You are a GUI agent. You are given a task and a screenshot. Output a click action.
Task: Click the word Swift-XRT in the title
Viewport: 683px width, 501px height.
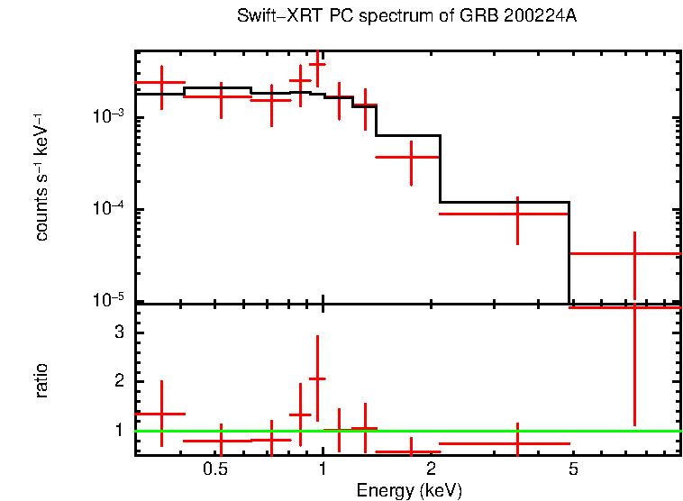point(271,17)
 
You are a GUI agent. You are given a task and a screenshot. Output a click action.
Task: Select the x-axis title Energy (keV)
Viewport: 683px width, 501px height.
point(408,490)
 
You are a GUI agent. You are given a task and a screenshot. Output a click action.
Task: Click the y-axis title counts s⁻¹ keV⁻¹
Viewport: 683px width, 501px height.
point(42,177)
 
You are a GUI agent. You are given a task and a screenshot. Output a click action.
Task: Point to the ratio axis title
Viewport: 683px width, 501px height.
point(42,380)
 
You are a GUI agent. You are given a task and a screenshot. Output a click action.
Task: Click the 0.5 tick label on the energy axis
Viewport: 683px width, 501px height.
point(214,469)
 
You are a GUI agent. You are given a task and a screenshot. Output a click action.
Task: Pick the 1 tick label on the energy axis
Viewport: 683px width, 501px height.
point(323,469)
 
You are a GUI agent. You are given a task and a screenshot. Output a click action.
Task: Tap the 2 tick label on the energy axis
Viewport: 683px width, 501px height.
point(432,469)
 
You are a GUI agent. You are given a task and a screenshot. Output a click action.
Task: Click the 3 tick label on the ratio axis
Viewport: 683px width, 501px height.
point(118,332)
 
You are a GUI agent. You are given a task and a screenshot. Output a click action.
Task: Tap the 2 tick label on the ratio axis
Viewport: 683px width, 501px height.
point(118,381)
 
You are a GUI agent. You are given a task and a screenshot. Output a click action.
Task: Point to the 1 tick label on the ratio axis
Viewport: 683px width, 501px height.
point(118,431)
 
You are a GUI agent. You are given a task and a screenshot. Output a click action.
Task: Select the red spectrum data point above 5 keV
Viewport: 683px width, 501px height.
point(634,254)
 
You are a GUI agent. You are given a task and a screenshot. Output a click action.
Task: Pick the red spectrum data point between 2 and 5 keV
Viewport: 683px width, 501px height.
point(517,214)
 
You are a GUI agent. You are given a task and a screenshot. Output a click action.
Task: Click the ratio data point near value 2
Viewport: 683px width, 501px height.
point(317,379)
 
